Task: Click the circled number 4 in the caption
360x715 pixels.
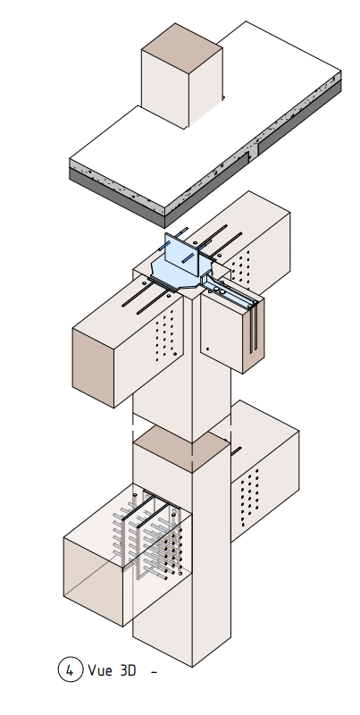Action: coord(71,669)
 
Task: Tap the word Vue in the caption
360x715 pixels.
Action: coord(99,670)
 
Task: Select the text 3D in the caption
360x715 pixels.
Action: coord(128,670)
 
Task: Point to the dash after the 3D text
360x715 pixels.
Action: coord(154,672)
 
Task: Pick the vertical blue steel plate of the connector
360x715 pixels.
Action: coord(182,255)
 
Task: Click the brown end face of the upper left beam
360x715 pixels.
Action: coord(93,368)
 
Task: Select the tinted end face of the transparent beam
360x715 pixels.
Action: coord(93,583)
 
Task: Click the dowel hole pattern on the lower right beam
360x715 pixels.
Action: coord(249,497)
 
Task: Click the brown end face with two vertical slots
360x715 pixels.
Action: coord(254,335)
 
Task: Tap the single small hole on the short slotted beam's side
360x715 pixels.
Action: coord(208,349)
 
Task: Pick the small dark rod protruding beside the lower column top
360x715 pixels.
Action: coord(236,451)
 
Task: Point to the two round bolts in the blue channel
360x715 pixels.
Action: coord(220,290)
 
